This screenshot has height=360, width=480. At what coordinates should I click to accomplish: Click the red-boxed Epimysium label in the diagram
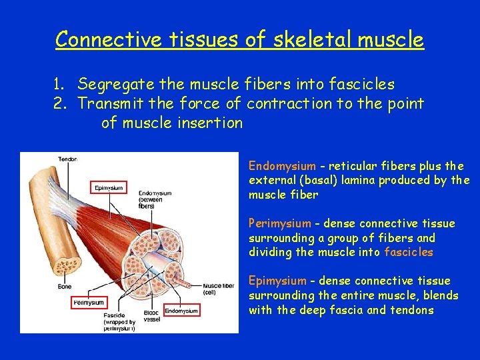click(x=108, y=188)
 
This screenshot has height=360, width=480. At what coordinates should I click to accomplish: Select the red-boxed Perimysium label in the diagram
click(x=89, y=303)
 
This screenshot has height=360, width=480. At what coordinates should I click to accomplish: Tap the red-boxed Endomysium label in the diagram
click(x=181, y=311)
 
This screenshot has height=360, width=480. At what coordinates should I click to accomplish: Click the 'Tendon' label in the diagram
click(x=68, y=159)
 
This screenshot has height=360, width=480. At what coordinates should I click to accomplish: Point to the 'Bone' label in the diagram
click(x=64, y=287)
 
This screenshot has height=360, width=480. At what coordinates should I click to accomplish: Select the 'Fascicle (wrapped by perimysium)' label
click(x=119, y=323)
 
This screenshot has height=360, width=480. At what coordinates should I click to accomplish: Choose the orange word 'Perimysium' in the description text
click(x=279, y=223)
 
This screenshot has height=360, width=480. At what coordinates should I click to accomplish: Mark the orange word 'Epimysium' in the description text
click(x=277, y=281)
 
